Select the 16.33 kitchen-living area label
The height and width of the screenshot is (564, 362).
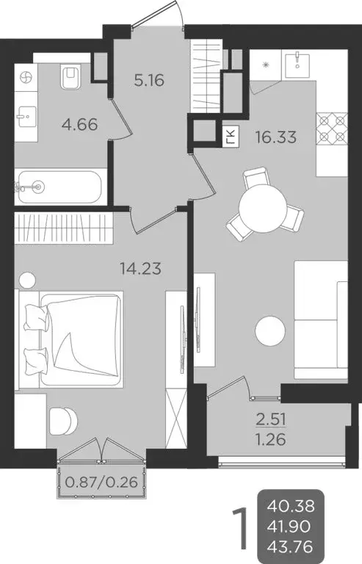click(x=275, y=137)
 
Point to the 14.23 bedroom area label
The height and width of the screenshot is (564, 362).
click(x=141, y=268)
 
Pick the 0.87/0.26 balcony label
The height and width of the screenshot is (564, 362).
click(x=103, y=484)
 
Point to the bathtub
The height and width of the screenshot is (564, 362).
click(x=59, y=187)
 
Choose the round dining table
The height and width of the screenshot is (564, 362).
click(x=261, y=203)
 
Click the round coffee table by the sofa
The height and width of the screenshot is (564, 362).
click(x=271, y=330)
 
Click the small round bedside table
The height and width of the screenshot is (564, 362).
click(x=28, y=280)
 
